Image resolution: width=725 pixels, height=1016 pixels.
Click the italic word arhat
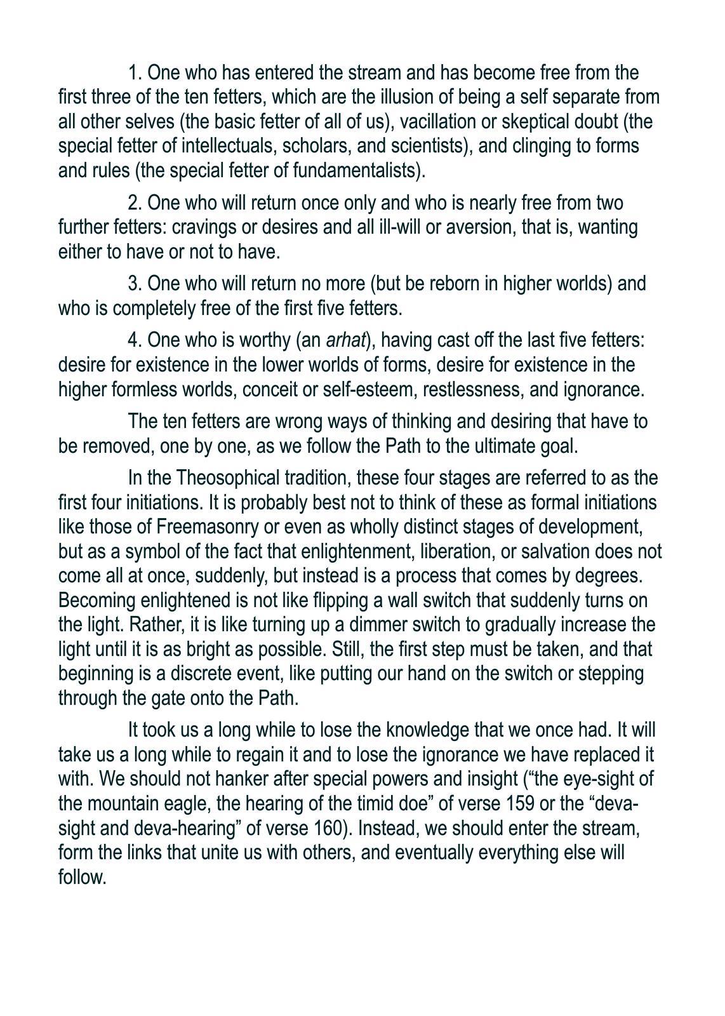pyautogui.click(x=346, y=341)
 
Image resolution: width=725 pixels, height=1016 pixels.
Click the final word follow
pyautogui.click(x=81, y=878)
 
